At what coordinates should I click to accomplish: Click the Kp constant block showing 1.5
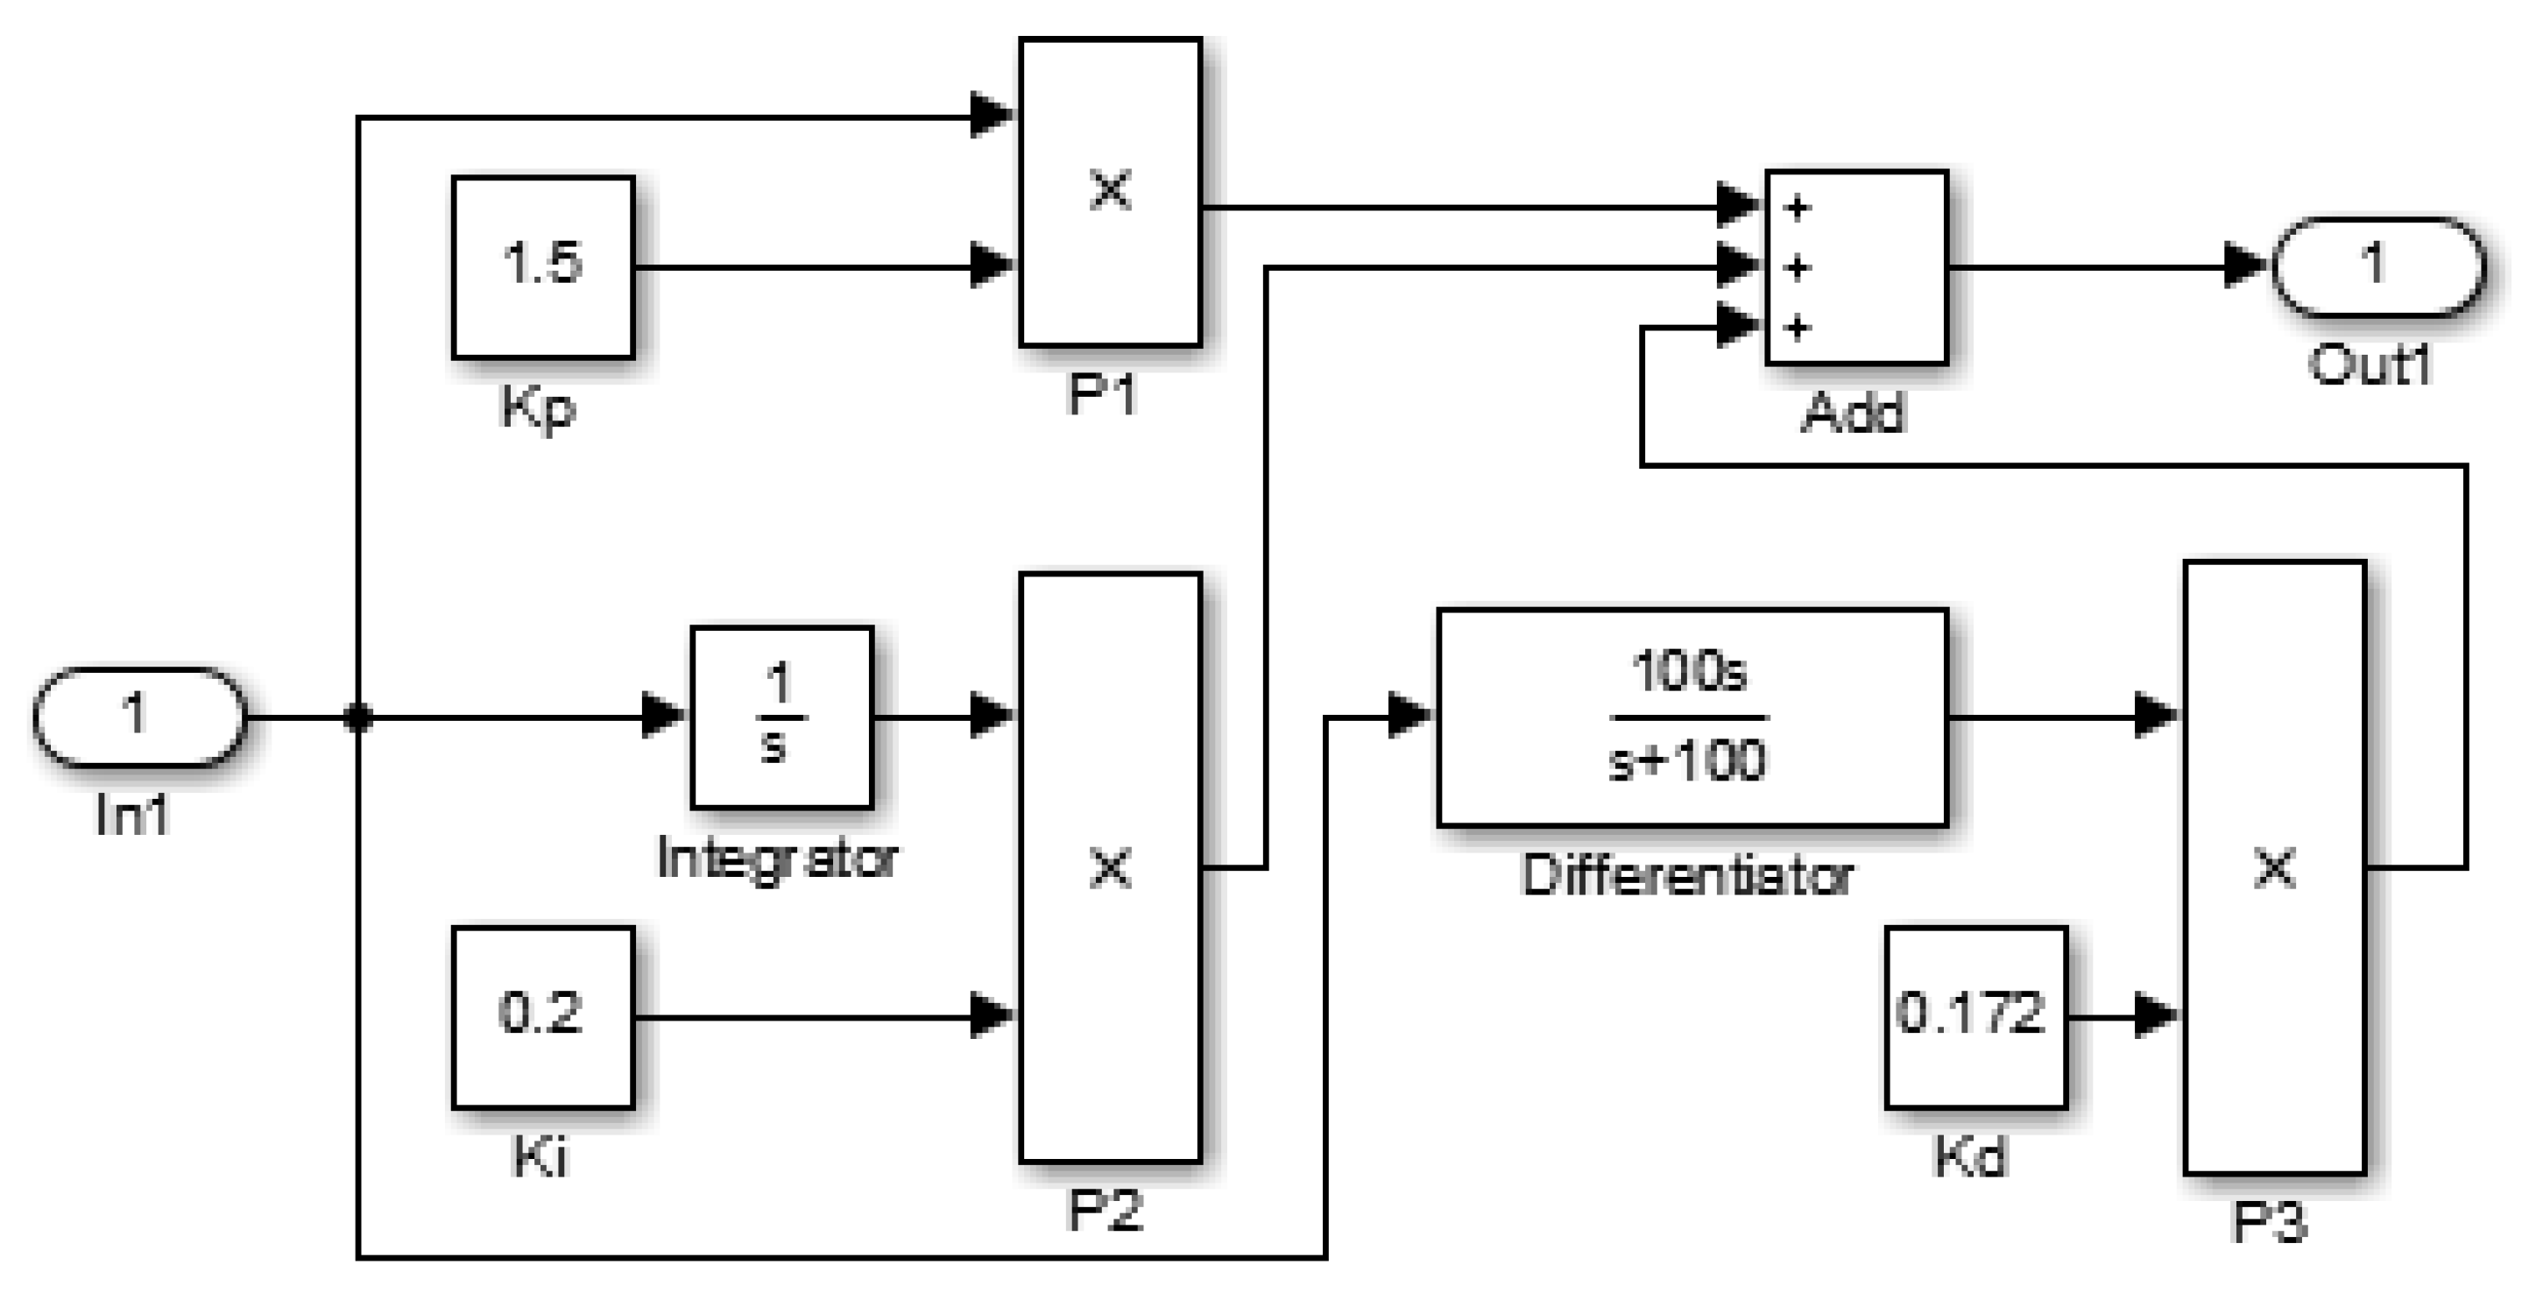point(543,266)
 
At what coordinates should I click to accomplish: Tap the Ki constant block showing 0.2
point(543,1016)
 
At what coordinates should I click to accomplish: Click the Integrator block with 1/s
point(781,717)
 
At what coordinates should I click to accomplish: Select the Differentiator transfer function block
point(1692,717)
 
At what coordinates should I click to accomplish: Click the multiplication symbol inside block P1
point(1110,190)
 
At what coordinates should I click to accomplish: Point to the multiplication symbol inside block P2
point(1110,867)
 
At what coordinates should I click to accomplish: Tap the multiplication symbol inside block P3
point(2274,867)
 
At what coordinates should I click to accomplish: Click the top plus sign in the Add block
point(1798,208)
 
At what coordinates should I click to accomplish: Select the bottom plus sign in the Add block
point(1798,327)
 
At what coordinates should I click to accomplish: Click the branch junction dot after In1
point(358,717)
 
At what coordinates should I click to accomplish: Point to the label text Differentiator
point(1687,874)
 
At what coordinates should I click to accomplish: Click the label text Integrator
point(776,858)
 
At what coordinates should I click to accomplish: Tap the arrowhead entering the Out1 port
point(2244,265)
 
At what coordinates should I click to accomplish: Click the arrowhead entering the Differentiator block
point(1409,715)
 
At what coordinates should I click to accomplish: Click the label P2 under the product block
point(1105,1210)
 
